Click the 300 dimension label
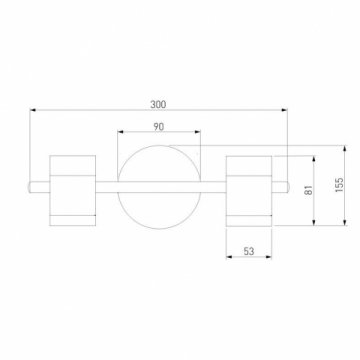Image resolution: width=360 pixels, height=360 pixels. point(158,104)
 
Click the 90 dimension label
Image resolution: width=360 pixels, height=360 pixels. point(159,127)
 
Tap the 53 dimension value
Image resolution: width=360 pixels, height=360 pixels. point(249,251)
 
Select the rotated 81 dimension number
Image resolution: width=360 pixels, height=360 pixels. point(309,190)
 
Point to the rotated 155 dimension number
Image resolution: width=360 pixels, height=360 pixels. point(339,184)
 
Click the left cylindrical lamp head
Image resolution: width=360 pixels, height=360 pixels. point(73,190)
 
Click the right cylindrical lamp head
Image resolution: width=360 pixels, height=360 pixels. point(249,191)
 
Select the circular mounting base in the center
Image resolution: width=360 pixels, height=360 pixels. point(159,187)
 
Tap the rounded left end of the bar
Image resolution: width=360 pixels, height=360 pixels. point(30,187)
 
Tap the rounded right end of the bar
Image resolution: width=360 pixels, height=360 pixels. point(287,187)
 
